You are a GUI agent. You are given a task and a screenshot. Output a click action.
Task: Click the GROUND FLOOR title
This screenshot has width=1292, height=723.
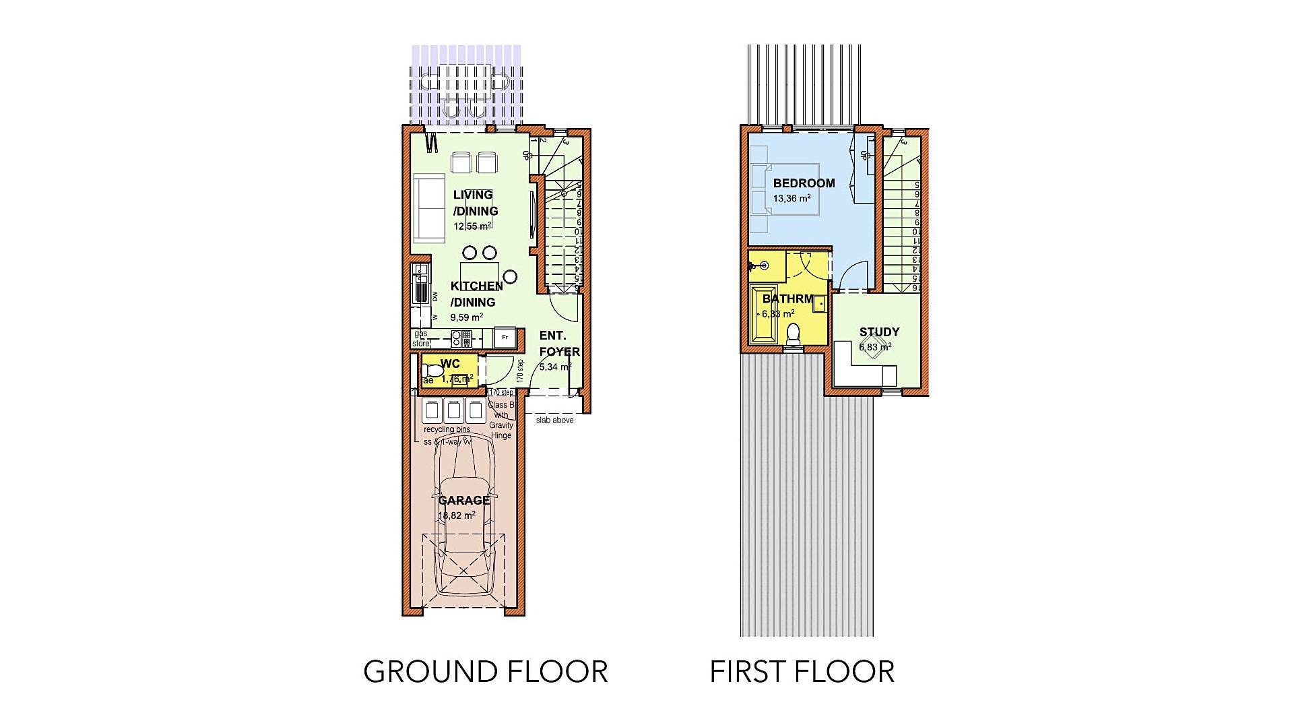485,672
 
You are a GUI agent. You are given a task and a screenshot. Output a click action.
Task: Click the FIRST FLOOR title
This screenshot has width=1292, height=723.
802,672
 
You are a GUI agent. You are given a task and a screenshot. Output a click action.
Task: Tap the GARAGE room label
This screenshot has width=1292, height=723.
463,500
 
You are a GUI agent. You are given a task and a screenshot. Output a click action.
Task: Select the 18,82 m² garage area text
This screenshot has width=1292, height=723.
457,515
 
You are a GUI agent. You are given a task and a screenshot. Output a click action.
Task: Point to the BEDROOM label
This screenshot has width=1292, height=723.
804,183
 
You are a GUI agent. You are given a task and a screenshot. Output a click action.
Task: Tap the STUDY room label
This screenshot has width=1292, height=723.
879,332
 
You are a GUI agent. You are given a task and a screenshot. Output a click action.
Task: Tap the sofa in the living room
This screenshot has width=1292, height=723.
428,209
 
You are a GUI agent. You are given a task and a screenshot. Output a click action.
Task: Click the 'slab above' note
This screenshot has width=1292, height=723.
554,420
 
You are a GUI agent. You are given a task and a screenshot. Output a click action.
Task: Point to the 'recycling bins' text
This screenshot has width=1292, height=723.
447,429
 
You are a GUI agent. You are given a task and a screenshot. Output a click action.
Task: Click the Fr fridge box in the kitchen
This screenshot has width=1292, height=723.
505,337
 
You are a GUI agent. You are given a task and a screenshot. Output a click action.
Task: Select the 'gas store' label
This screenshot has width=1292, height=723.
420,338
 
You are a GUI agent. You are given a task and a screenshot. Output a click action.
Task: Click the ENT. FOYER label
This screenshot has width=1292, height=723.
558,344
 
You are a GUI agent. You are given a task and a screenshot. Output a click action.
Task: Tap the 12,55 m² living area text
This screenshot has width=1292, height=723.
472,226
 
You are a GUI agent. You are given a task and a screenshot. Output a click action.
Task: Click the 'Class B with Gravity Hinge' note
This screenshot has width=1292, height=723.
500,420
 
